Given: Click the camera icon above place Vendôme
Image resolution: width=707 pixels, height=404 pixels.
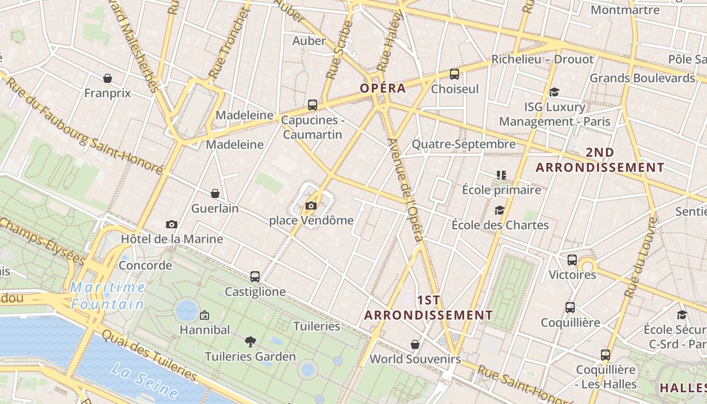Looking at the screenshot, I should coord(311,206).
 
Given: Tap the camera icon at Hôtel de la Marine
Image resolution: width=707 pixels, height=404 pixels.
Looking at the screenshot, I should coord(172,224).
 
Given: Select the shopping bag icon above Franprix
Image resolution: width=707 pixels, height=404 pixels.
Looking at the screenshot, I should coord(108,78).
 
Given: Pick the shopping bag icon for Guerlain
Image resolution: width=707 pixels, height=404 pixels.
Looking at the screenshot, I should coord(215,193).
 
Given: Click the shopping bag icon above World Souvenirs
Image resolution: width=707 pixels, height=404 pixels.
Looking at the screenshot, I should coord(415,344).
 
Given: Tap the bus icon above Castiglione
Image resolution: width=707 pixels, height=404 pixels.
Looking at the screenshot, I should coord(255,277).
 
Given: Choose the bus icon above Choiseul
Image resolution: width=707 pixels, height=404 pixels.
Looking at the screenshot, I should coord(454,74).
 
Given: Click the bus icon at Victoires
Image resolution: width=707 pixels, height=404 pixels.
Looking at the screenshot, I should coord(572,260).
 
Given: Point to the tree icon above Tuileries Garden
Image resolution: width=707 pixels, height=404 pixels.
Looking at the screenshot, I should coord(250,342).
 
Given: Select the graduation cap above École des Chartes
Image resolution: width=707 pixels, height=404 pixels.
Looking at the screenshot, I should coord(500,210).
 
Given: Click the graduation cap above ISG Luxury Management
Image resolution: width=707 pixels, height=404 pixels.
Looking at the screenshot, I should coord(554,92).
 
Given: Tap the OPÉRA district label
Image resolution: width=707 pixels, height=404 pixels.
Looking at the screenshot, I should coord(383,88).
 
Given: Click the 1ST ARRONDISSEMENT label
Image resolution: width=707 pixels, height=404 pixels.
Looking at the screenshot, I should coord(428,308).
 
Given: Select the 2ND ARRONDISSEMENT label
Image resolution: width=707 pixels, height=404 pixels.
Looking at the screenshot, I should coord(600,160).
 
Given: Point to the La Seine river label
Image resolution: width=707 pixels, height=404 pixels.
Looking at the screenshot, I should coord(144,380).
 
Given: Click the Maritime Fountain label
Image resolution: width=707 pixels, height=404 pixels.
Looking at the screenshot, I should coord(108,296).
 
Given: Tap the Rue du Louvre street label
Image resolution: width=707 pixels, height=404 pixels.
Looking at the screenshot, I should coord(640,258).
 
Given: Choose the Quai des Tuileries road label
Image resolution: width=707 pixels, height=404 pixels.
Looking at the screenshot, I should coord(149,356).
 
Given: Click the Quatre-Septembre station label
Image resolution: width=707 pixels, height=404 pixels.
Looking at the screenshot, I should coord(464,144).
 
